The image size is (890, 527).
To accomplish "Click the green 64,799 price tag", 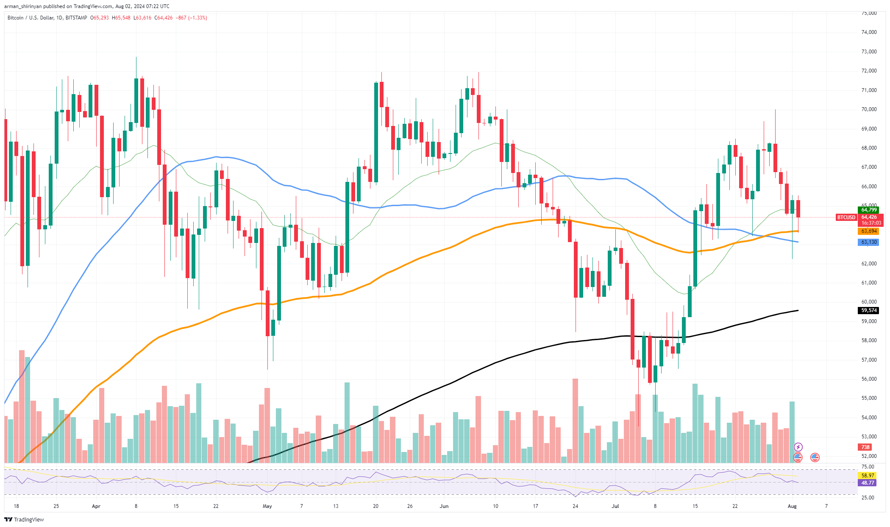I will (869, 210).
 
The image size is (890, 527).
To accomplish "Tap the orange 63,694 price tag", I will (869, 231).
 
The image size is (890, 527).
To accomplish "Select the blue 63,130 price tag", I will (869, 242).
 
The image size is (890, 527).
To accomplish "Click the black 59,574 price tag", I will (869, 310).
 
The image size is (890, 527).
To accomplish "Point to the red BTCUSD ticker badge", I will (846, 217).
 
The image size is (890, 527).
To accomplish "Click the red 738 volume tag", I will (865, 447).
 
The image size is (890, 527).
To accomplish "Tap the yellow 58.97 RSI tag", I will (868, 476).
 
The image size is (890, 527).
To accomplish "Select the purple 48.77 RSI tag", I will (868, 483).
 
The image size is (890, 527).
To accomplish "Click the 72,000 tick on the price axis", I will (869, 71).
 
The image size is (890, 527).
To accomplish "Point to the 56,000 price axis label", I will (869, 379).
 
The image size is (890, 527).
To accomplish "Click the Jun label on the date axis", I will (444, 506).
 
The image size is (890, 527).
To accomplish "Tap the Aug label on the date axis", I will (792, 506).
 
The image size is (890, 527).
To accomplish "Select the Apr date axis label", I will (96, 506).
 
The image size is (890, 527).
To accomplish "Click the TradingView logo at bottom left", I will (24, 519).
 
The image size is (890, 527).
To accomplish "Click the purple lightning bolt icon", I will (798, 447).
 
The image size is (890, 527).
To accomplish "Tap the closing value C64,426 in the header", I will (163, 18).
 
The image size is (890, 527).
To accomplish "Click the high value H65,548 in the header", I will (121, 18).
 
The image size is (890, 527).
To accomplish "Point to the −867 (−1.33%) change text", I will (192, 18).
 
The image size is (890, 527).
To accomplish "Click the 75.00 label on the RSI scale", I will (868, 466).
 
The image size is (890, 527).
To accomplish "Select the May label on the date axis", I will (267, 506).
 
